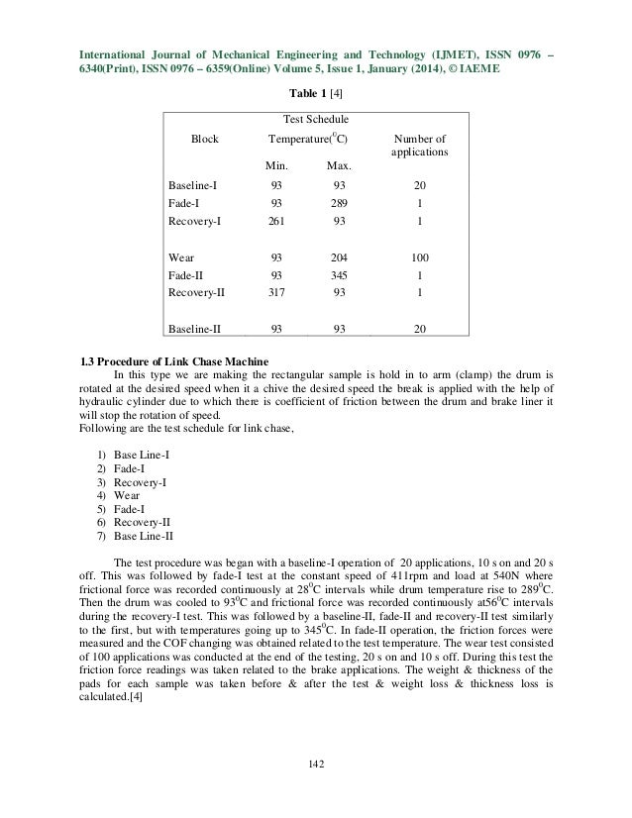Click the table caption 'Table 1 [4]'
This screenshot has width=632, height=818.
[316, 93]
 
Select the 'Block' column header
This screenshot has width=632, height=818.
[204, 140]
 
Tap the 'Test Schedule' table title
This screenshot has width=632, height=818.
[316, 121]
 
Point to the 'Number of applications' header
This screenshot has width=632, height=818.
[421, 148]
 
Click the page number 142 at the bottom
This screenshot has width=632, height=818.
[315, 763]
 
